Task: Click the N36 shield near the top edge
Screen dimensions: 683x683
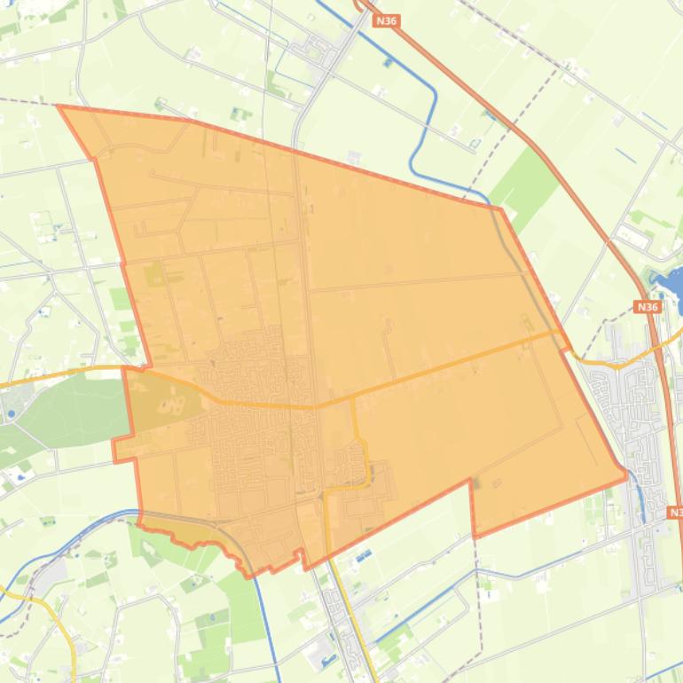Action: (386, 20)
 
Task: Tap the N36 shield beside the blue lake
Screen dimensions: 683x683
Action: (648, 307)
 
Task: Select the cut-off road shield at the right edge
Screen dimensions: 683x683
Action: (676, 513)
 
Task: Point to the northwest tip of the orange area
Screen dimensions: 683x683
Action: (59, 106)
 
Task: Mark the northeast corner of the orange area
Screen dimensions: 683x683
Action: (500, 208)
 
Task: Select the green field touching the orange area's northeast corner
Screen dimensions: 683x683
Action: (523, 186)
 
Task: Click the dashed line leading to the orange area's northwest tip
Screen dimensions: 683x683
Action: (27, 102)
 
